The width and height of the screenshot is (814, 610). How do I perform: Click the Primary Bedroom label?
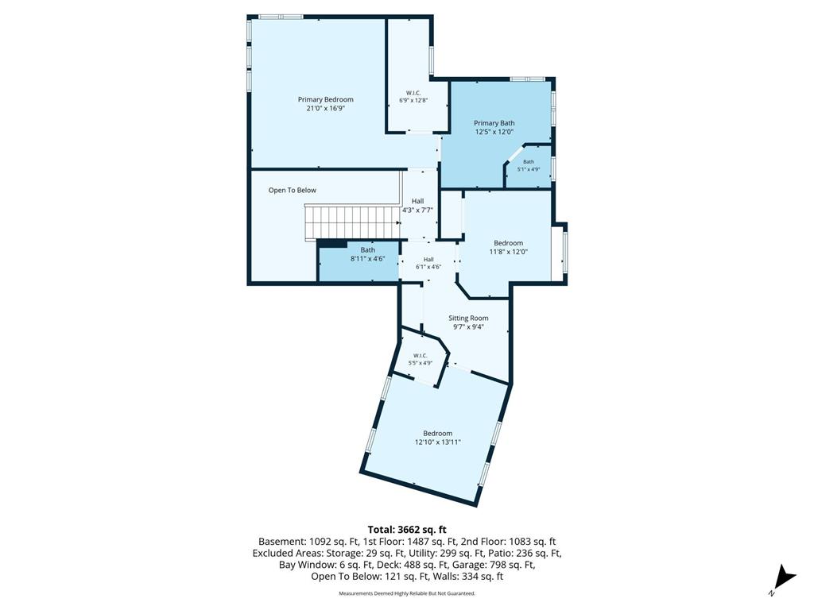tap(325, 99)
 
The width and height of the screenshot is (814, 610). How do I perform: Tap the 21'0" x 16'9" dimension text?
tap(325, 108)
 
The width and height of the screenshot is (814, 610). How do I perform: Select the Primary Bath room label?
tap(494, 123)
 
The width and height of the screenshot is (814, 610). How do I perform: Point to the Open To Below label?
tap(293, 191)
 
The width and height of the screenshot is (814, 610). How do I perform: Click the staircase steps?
tap(351, 222)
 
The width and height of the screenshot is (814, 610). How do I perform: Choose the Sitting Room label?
tap(468, 318)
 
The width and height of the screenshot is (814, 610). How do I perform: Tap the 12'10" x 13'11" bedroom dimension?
tap(438, 442)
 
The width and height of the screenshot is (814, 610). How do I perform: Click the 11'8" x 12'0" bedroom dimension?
tap(508, 252)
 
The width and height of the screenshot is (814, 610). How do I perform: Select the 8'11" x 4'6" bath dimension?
tap(367, 258)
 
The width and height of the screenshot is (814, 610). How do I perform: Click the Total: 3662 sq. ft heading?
tap(407, 530)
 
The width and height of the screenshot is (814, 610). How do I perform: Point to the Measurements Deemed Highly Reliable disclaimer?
tap(407, 593)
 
